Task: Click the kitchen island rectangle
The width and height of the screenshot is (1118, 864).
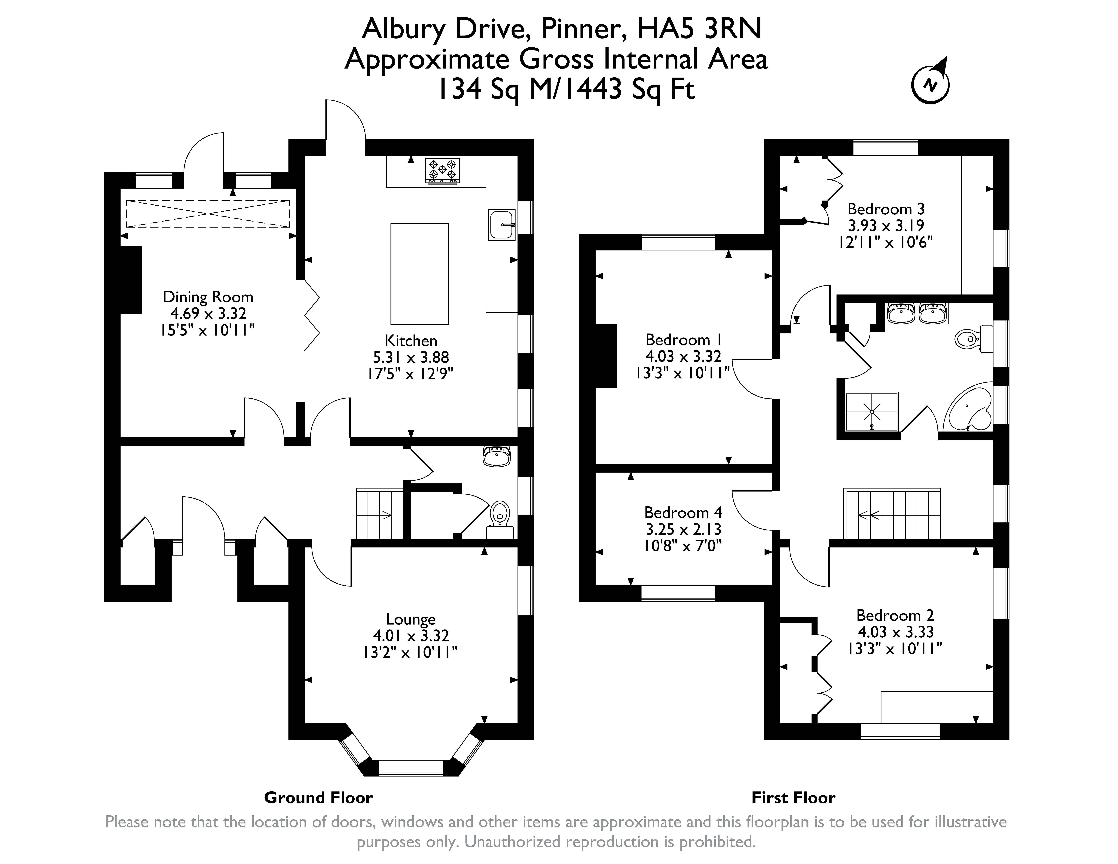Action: (419, 274)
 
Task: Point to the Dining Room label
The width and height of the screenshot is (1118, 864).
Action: (208, 297)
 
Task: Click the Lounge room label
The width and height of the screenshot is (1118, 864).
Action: (411, 619)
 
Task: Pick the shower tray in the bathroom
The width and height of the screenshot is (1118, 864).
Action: (872, 411)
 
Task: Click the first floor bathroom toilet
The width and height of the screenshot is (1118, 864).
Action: (974, 339)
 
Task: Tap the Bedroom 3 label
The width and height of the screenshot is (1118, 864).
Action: (886, 209)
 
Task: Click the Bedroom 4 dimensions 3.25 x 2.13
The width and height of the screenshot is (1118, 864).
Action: (683, 529)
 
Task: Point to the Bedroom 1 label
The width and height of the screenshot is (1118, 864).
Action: (684, 340)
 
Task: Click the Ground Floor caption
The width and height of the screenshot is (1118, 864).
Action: (318, 797)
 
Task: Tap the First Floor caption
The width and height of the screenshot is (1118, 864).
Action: (793, 797)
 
